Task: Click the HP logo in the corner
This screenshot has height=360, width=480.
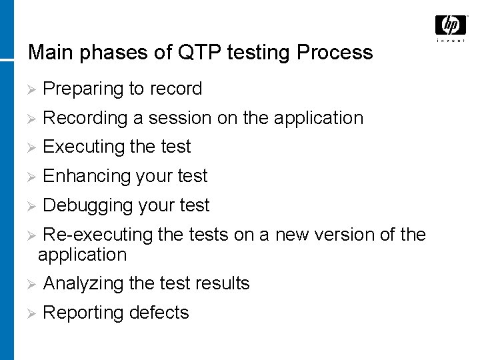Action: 451,25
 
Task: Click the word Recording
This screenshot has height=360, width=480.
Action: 85,118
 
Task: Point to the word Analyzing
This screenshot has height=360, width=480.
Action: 83,283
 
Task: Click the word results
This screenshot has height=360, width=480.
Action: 223,283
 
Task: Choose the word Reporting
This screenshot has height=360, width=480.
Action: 83,313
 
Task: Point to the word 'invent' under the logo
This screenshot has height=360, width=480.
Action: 451,41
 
